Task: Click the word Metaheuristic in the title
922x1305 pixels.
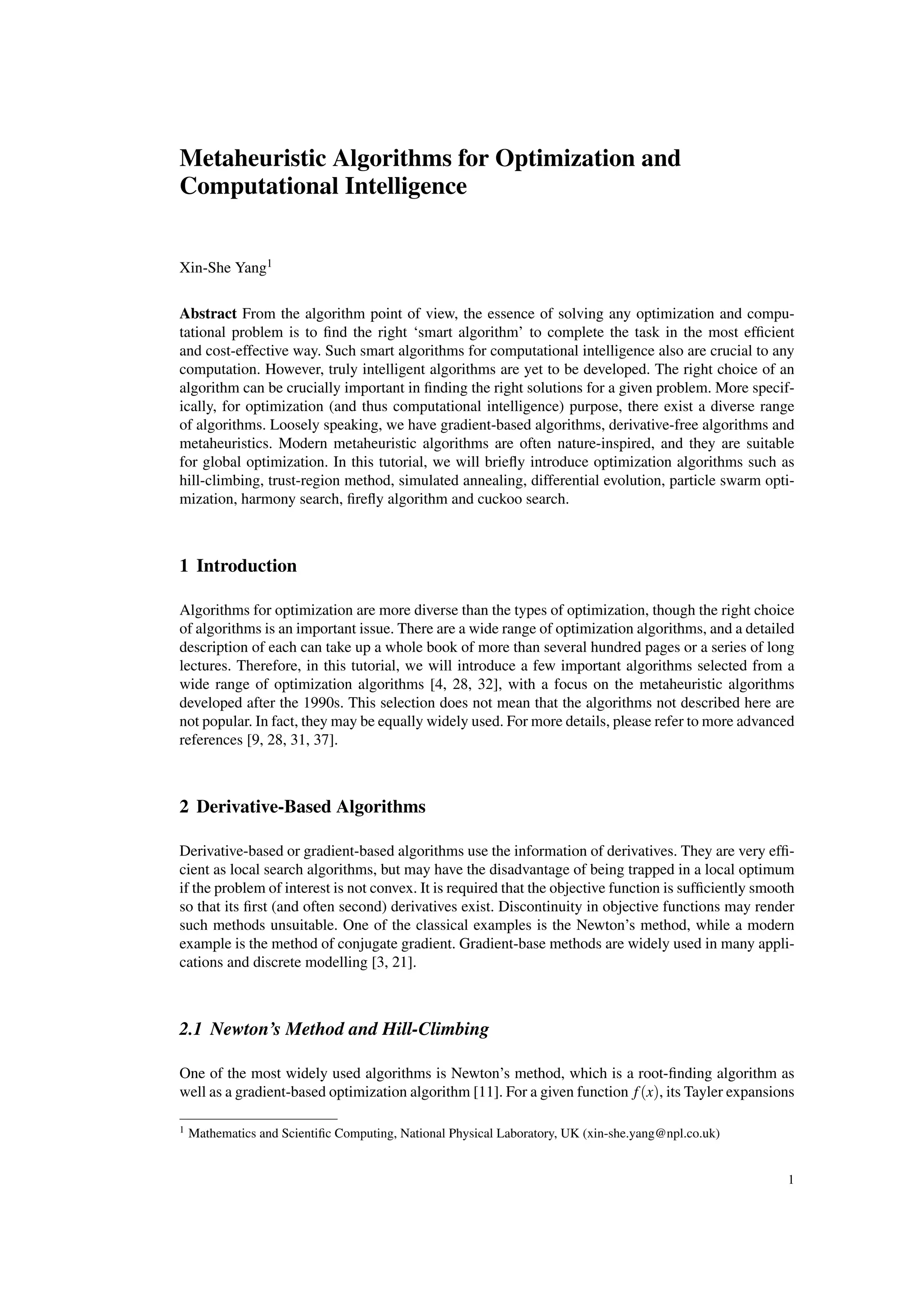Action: [253, 158]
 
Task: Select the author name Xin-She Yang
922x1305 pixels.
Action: [223, 267]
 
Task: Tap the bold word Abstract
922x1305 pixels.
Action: [208, 314]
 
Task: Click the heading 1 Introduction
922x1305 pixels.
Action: [238, 566]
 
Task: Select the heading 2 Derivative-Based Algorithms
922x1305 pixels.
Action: [302, 807]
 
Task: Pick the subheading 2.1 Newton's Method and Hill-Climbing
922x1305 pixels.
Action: [334, 1029]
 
